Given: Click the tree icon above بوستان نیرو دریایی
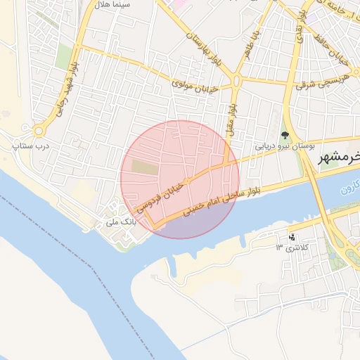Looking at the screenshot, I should [x=285, y=136].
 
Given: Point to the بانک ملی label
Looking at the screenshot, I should [x=120, y=221].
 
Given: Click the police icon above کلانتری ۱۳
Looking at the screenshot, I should [x=292, y=236].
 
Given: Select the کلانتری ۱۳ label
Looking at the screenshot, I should [x=293, y=247].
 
